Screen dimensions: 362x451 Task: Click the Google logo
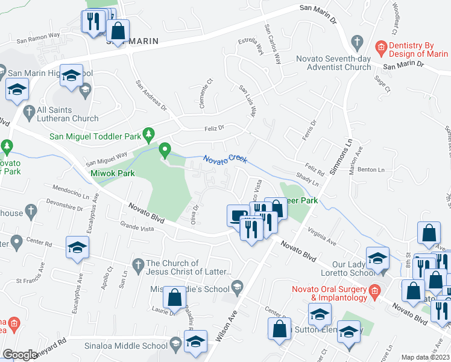tap(20, 355)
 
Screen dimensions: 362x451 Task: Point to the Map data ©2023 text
tap(425, 357)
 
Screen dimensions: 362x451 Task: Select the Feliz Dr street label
tap(213, 128)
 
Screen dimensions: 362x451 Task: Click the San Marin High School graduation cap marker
tap(72, 77)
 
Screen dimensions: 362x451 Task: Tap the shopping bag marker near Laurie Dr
tap(174, 297)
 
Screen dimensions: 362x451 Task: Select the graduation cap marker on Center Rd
tap(77, 248)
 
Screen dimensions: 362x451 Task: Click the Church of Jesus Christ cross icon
tap(137, 264)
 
